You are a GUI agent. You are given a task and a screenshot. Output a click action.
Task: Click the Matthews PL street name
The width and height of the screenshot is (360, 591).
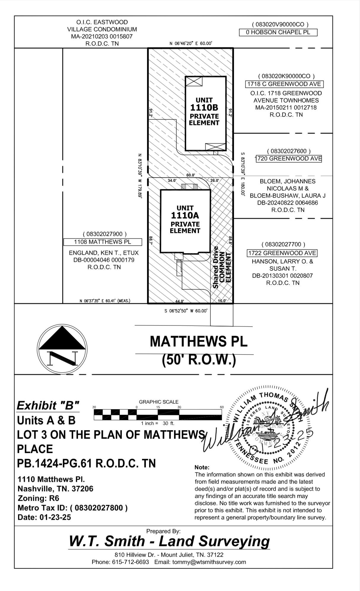[x=199, y=341]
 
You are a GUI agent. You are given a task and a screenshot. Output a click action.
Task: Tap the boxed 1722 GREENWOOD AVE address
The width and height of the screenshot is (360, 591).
[x=282, y=253]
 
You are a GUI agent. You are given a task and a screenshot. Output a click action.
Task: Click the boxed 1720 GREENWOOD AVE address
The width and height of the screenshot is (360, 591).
[x=289, y=159]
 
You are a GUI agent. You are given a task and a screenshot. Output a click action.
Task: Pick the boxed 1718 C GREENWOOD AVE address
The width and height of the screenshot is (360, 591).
[x=284, y=84]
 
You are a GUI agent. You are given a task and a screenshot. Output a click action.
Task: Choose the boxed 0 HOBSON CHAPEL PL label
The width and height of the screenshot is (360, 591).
[x=278, y=32]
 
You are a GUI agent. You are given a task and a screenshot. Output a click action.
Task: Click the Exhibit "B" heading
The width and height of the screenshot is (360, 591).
[x=48, y=405]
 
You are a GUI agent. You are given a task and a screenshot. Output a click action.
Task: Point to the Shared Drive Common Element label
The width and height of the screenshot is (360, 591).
[x=222, y=267]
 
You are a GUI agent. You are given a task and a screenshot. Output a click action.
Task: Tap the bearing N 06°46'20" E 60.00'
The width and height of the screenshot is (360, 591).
[x=191, y=44]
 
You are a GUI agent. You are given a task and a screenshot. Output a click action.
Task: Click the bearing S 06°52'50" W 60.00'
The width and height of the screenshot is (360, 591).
[x=185, y=311]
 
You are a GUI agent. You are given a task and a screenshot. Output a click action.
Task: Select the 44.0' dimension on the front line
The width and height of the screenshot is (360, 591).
[x=179, y=301]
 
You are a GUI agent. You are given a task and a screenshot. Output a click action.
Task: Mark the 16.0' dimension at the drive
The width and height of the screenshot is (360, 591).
[x=222, y=301]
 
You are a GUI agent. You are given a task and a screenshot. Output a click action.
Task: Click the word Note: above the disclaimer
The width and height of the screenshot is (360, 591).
[x=202, y=467]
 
